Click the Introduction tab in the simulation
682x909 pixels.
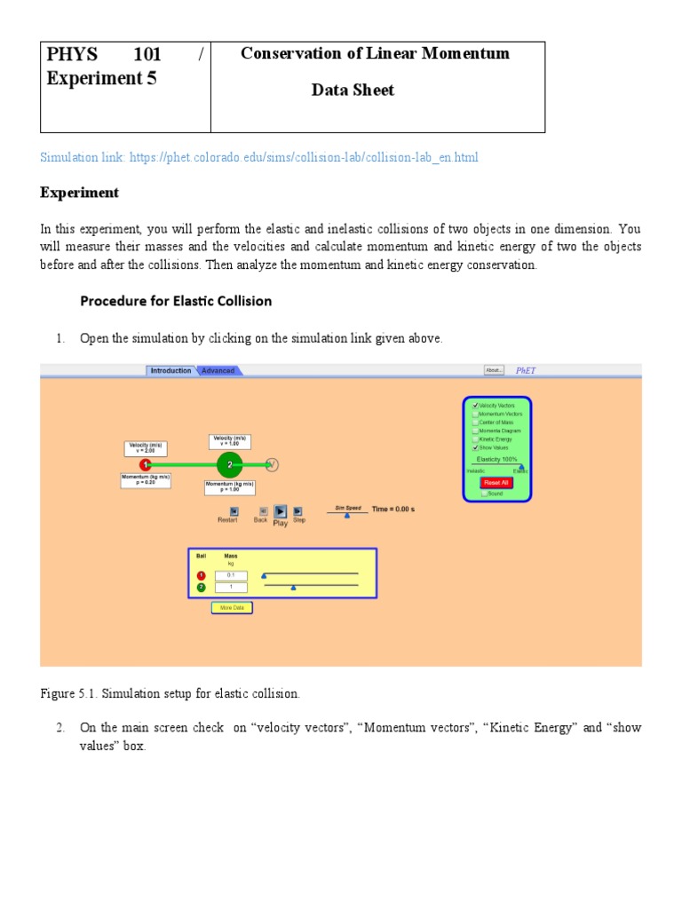[170, 370]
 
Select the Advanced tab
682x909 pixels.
[218, 370]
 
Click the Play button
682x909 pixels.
[280, 511]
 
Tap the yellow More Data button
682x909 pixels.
[232, 608]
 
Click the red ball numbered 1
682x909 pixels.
[145, 464]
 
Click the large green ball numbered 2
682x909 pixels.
[229, 464]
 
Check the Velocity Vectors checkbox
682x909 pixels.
[476, 406]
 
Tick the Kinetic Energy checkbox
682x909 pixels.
[476, 439]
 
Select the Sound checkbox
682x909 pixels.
[484, 494]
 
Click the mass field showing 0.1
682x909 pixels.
[231, 575]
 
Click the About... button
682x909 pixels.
[494, 370]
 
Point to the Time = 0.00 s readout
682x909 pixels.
[393, 510]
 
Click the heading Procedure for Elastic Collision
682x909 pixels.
[176, 301]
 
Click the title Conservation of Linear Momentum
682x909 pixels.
[376, 53]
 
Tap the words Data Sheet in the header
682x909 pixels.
[353, 90]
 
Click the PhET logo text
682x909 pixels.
[526, 370]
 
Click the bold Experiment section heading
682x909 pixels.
[79, 193]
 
